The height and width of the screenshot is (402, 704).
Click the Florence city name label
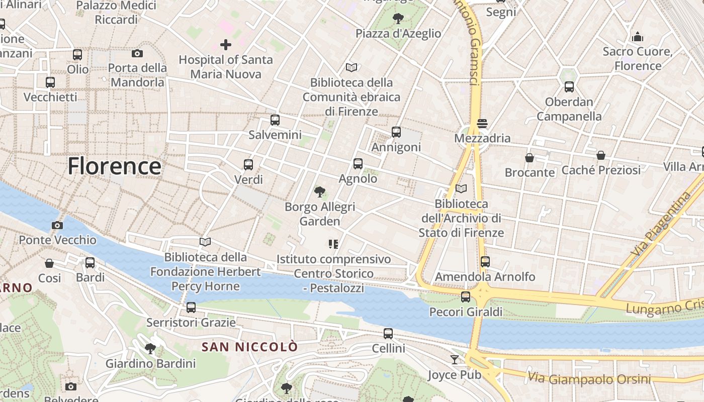coord(115,166)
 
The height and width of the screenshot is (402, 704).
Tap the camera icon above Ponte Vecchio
coord(57,225)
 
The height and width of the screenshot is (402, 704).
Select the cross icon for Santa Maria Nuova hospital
coord(226,45)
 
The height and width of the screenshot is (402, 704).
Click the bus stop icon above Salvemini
coord(275,120)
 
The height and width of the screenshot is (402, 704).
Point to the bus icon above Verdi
coord(248,164)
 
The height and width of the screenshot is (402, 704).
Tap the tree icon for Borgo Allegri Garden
coord(319,191)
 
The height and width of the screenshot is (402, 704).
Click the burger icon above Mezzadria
coord(482,123)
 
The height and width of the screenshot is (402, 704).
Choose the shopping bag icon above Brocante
coord(530,158)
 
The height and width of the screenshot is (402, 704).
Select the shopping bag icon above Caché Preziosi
coord(601,155)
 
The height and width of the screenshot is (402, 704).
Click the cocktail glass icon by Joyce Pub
coord(455,359)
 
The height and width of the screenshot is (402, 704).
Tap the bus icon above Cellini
coord(388,333)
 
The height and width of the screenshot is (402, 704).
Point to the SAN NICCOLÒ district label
coord(250,347)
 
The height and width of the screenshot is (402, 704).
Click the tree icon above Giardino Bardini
coord(150,348)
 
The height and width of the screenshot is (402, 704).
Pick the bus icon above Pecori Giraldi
coord(466,297)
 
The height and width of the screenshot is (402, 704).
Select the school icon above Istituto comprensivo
coord(333,244)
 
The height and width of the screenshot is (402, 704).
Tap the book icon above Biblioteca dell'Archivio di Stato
coord(461,189)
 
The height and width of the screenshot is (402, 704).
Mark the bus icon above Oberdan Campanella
coord(569,87)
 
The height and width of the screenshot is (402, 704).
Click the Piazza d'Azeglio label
coord(398,34)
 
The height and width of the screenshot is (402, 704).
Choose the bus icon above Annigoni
coord(396,132)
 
